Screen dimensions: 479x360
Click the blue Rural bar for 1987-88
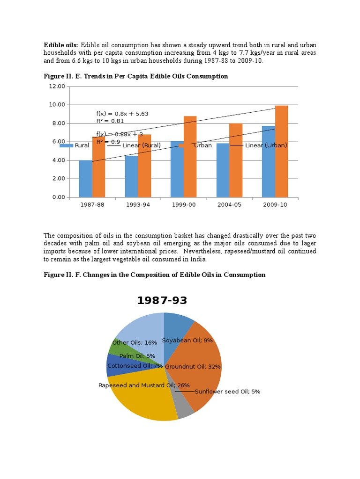[x=86, y=179]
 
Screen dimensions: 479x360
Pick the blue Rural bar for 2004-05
[x=223, y=171]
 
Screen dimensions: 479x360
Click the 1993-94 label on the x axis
[x=137, y=205]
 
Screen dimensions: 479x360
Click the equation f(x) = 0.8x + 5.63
[x=122, y=114]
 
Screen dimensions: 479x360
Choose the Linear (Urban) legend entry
[x=266, y=145]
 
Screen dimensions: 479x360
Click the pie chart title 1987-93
[x=162, y=301]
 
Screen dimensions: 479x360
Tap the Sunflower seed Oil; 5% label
[x=227, y=392]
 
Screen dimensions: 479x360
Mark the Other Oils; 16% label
[x=135, y=342]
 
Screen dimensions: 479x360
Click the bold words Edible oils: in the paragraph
[x=61, y=45]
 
